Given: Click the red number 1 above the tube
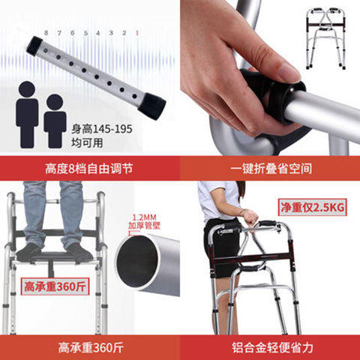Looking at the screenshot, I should click(x=136, y=33).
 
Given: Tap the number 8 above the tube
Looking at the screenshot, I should click(x=46, y=33).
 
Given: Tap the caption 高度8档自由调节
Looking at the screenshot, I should click(x=91, y=168).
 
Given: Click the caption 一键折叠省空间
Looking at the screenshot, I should click(x=269, y=168).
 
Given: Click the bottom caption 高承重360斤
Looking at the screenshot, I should click(x=90, y=347).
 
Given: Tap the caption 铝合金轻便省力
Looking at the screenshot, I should click(x=269, y=347).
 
